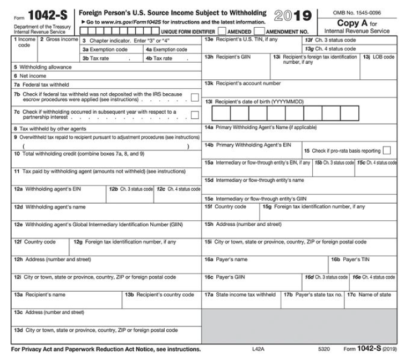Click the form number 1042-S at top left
coord(44,16)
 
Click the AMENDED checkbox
coord(222,32)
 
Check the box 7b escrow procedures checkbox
coord(195,98)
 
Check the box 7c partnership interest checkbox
coord(195,115)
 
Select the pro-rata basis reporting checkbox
coord(386,150)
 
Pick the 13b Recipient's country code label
coord(160,295)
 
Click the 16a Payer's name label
coord(226,259)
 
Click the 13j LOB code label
coord(379,57)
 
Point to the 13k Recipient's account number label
coord(243,84)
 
